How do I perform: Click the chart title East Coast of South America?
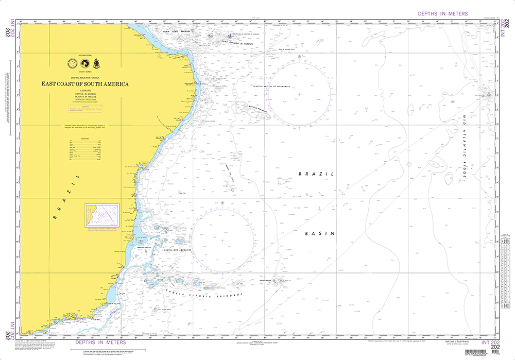click(x=85, y=83)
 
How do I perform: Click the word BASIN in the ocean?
click(x=320, y=233)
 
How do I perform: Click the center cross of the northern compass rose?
click(x=299, y=94)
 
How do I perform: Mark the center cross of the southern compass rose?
click(x=222, y=241)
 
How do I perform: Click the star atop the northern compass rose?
click(x=299, y=56)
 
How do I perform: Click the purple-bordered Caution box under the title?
click(x=85, y=109)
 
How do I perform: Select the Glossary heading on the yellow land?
click(x=85, y=138)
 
